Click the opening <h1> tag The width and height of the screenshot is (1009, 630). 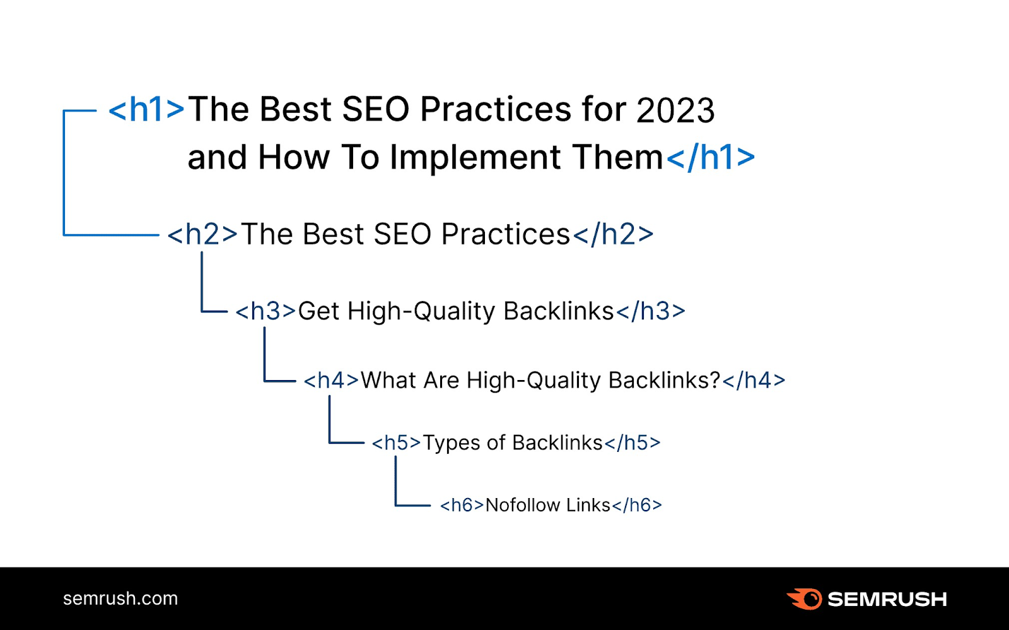146,110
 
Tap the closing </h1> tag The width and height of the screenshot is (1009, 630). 710,158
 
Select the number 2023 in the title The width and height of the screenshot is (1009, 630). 675,111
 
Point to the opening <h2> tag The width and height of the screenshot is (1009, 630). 202,235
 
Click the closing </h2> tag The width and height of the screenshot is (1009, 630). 612,235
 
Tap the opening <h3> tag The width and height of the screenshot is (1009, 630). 265,311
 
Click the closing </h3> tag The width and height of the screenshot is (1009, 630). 650,311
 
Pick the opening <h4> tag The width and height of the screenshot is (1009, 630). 331,380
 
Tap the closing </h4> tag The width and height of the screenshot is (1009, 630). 754,380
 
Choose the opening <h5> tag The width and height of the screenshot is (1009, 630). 396,443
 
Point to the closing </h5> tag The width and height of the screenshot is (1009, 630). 632,443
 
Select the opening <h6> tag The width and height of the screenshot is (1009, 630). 462,505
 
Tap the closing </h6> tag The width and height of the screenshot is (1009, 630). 636,505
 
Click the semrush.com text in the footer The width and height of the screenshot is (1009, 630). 120,598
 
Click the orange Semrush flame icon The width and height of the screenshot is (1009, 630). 805,598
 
